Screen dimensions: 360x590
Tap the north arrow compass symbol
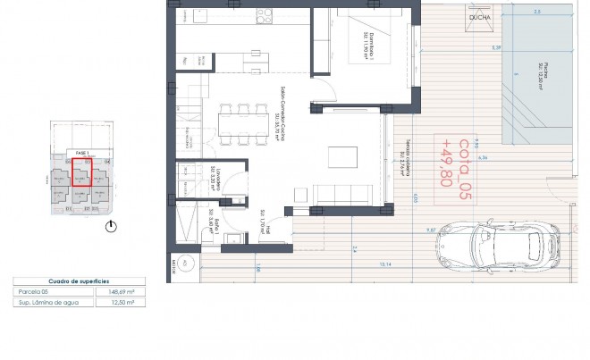[x=111, y=227]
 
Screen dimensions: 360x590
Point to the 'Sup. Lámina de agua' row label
[x=43, y=303]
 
